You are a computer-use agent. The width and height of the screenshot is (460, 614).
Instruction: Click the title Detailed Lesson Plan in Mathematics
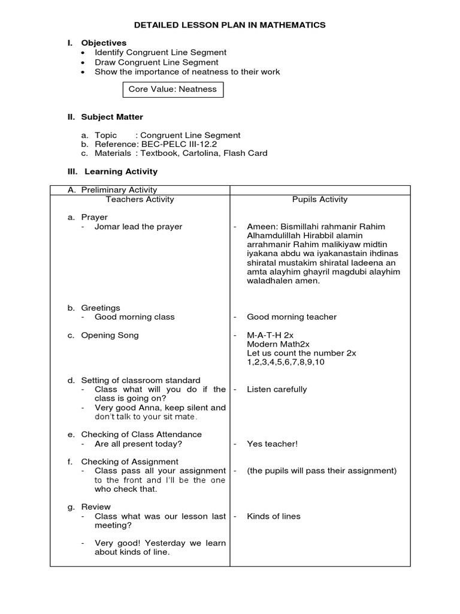coord(230,25)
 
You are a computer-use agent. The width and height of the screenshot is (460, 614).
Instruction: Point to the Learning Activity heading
coord(120,171)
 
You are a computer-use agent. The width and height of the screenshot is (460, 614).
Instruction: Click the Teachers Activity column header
coord(140,200)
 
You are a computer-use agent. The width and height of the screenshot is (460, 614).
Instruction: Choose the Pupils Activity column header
coord(320,200)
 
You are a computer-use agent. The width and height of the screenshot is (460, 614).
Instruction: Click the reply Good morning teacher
coord(292,317)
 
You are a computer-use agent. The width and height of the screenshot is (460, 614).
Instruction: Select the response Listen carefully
coord(277,389)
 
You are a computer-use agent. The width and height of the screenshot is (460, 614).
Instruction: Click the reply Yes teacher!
coord(272,444)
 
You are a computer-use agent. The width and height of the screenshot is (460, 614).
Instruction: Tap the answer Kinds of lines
coord(274,516)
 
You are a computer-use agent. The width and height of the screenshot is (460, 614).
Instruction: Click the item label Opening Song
coord(110,335)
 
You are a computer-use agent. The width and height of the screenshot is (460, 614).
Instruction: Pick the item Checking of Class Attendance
coord(141,434)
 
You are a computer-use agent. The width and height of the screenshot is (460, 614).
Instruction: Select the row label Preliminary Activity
coord(119,190)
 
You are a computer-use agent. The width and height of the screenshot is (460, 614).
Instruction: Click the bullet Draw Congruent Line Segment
coord(156,62)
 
